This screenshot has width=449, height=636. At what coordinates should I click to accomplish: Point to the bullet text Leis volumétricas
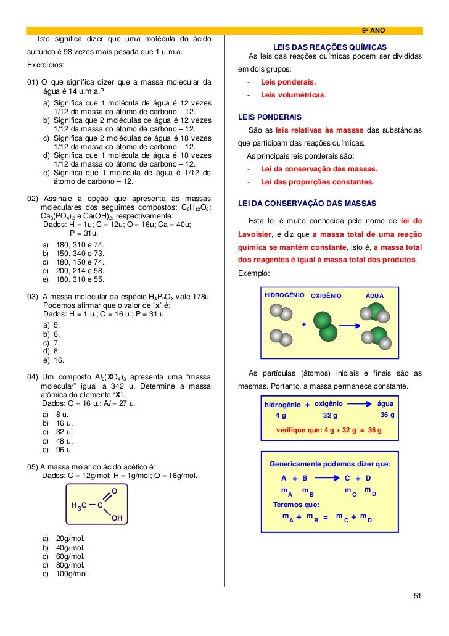(x=292, y=96)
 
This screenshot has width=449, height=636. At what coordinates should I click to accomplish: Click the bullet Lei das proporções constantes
(x=317, y=183)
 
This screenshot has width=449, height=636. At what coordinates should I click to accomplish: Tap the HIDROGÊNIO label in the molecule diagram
(x=284, y=295)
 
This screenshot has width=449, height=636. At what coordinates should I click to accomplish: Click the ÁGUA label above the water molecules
(x=375, y=296)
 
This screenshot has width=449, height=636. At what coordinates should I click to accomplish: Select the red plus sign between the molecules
(x=303, y=324)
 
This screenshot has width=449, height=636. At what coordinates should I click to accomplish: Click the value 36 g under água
(x=387, y=415)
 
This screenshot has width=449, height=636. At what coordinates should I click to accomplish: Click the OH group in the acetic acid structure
(x=117, y=518)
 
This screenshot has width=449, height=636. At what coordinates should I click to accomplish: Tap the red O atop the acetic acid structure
(x=113, y=491)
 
